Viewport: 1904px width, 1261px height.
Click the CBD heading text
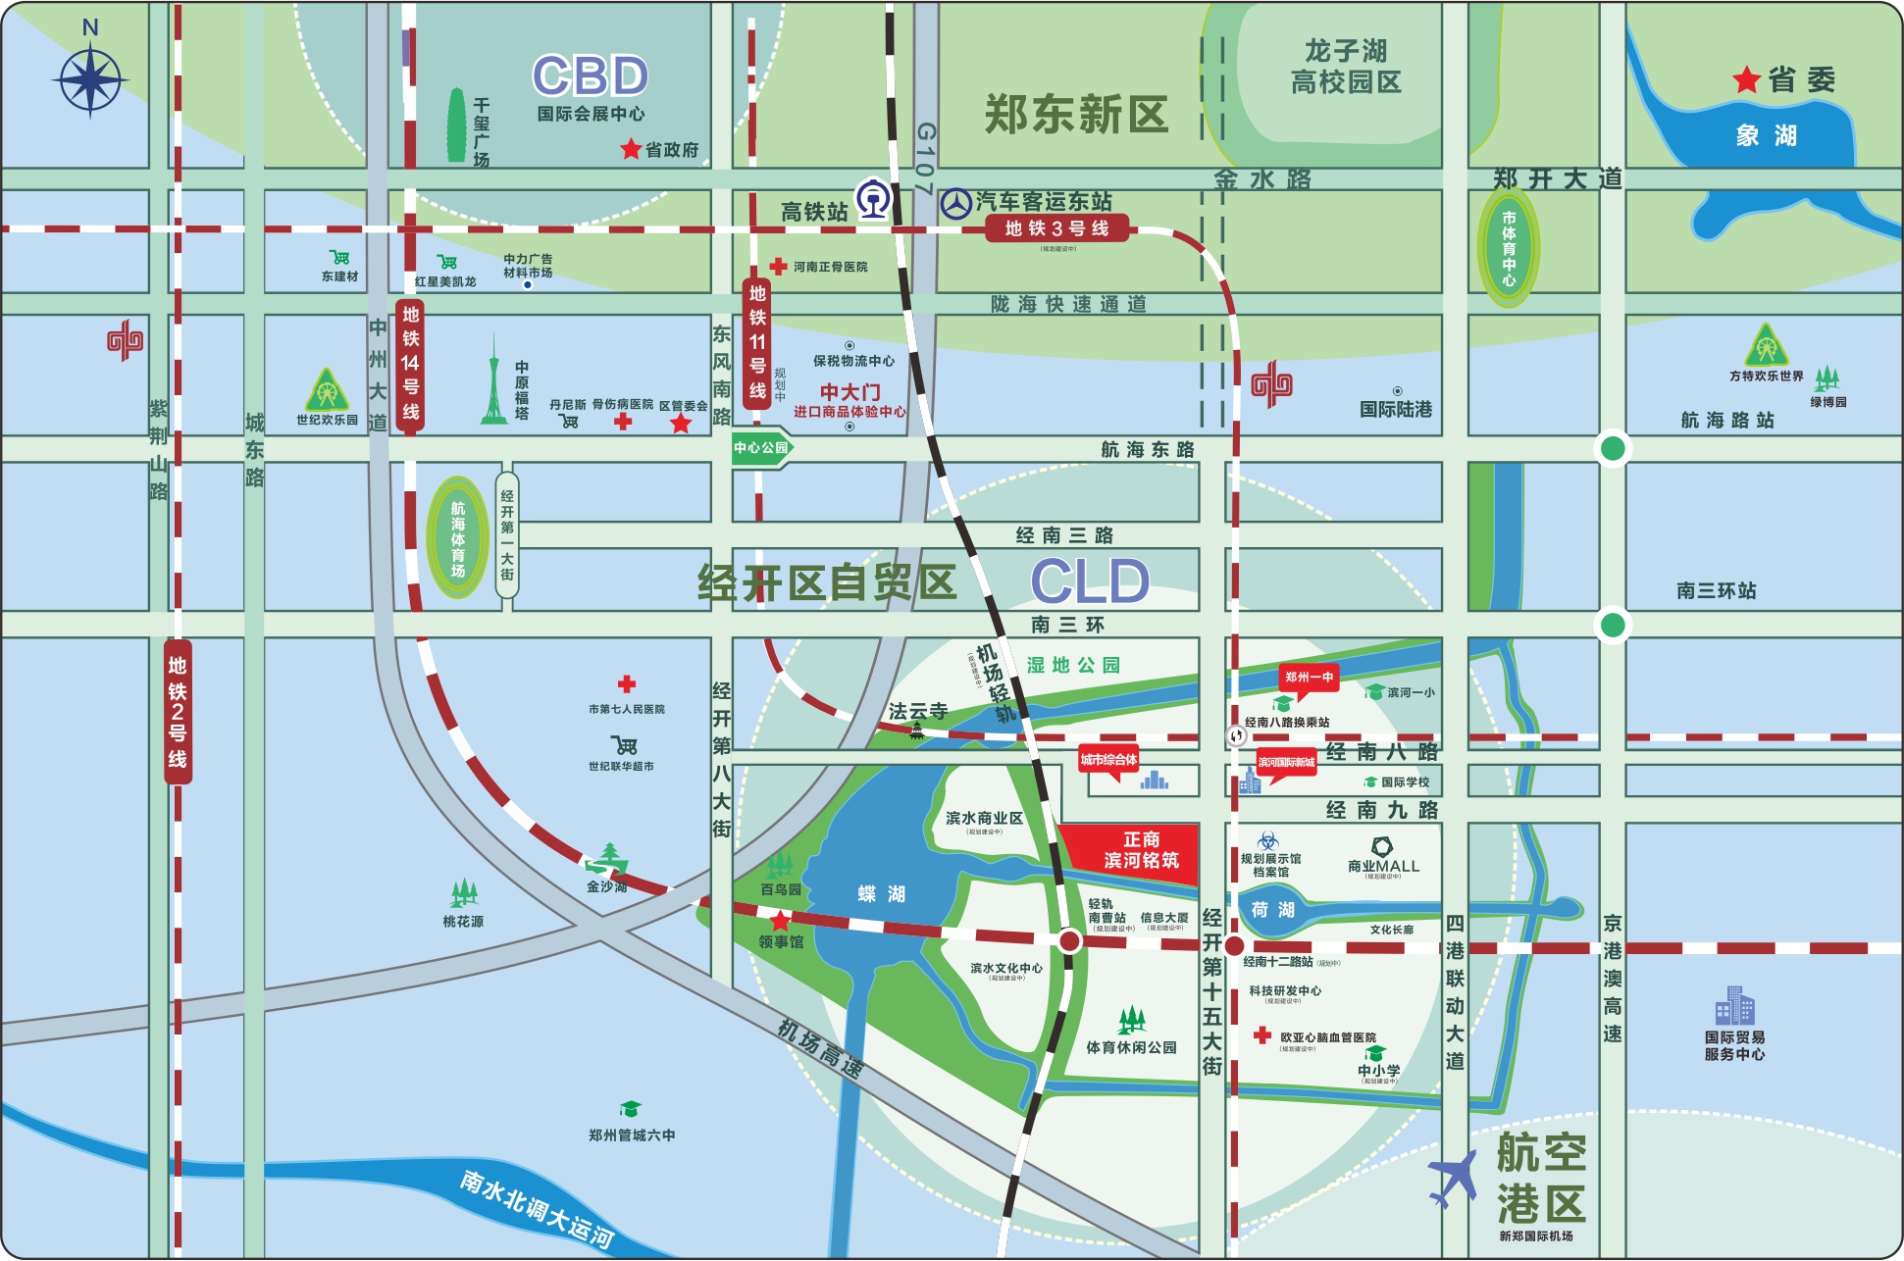(591, 76)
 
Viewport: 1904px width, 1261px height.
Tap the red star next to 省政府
(631, 150)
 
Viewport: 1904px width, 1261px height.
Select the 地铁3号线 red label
(1056, 229)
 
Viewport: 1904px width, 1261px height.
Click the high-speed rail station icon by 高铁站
(872, 199)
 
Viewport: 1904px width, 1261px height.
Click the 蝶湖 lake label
(881, 894)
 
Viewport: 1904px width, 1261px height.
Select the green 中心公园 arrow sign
(762, 448)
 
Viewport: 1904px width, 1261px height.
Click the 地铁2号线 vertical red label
(178, 711)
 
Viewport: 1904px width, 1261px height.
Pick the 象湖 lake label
(1766, 135)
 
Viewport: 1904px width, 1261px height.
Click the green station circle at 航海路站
(1613, 449)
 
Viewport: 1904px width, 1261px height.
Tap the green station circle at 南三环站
(1613, 625)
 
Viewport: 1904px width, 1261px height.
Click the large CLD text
(1090, 581)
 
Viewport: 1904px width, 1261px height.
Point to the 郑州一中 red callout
(1309, 678)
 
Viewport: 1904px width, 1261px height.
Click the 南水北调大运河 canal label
(537, 1209)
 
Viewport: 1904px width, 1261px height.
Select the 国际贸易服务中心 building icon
(1734, 1006)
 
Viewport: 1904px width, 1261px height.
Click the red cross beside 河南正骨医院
(778, 266)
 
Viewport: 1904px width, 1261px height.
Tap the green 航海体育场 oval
(457, 537)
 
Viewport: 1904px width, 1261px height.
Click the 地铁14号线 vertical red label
(410, 363)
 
